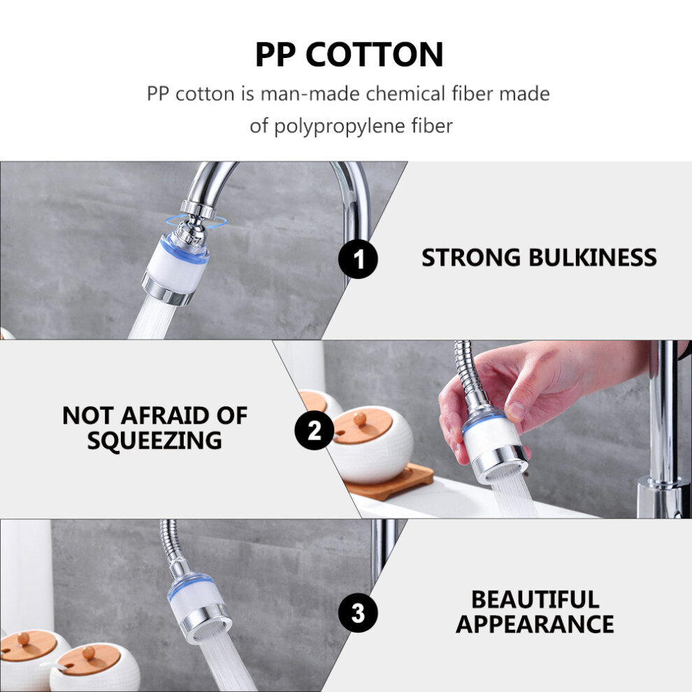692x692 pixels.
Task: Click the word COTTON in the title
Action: point(374,55)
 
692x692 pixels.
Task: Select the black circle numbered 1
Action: point(358,259)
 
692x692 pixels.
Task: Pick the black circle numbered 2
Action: point(315,430)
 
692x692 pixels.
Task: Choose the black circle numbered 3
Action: point(358,612)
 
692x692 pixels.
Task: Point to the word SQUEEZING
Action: point(154,440)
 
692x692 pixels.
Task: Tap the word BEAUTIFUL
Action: point(535,600)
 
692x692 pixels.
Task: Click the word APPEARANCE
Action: point(535,624)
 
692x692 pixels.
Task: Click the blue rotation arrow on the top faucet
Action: point(196,222)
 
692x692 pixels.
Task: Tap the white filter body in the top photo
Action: point(175,269)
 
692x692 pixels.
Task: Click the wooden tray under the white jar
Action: point(389,482)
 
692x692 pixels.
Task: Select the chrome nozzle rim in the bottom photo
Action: point(206,622)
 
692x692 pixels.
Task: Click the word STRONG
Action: point(471,258)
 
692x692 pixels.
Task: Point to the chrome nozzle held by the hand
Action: point(500,463)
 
